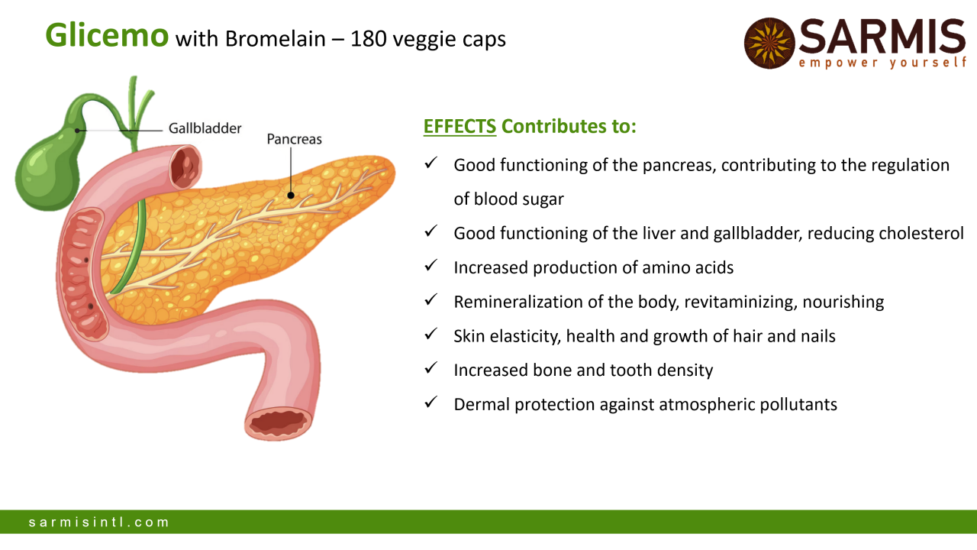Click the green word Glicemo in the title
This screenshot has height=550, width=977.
pos(107,35)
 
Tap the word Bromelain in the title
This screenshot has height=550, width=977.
pos(276,39)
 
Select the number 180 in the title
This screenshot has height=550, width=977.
pos(369,39)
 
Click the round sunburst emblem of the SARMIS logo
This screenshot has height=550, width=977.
pos(769,44)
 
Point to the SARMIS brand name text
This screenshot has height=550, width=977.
pos(882,37)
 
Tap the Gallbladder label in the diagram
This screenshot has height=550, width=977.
pos(205,128)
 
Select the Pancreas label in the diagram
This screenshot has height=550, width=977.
pos(295,139)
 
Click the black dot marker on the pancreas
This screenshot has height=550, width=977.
pos(291,196)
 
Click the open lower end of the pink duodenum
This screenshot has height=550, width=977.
pos(278,422)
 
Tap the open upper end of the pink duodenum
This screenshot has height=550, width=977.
pos(186,167)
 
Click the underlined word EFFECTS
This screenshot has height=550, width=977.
pos(459,127)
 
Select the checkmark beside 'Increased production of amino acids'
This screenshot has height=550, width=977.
pos(431,265)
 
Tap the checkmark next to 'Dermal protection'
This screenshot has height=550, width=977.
pos(431,402)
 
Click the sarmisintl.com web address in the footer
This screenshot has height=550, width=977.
pos(98,522)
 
